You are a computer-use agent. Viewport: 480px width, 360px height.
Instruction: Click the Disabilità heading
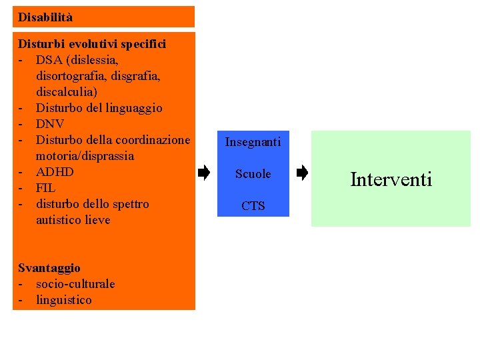click(x=45, y=17)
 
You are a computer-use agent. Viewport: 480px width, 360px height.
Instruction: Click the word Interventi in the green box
click(x=391, y=179)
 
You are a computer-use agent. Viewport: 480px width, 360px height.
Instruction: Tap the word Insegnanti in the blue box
click(x=253, y=142)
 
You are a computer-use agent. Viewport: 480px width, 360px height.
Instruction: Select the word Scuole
click(x=253, y=174)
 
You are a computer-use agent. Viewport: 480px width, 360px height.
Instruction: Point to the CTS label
click(x=253, y=206)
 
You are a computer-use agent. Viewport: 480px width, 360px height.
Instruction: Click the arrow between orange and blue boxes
click(x=204, y=174)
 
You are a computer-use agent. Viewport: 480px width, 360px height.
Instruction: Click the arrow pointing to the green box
click(x=302, y=174)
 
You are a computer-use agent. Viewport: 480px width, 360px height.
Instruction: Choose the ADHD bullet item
click(x=55, y=172)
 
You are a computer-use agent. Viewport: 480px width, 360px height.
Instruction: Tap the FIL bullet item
click(x=46, y=188)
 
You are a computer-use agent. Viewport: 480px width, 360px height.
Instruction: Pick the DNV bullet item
click(x=50, y=124)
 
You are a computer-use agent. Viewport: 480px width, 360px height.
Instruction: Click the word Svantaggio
click(x=49, y=268)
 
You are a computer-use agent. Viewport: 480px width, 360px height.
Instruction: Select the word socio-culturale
click(x=75, y=284)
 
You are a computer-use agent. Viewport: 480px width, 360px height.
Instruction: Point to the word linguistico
click(x=64, y=300)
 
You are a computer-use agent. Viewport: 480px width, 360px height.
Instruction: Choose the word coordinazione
click(x=153, y=140)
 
